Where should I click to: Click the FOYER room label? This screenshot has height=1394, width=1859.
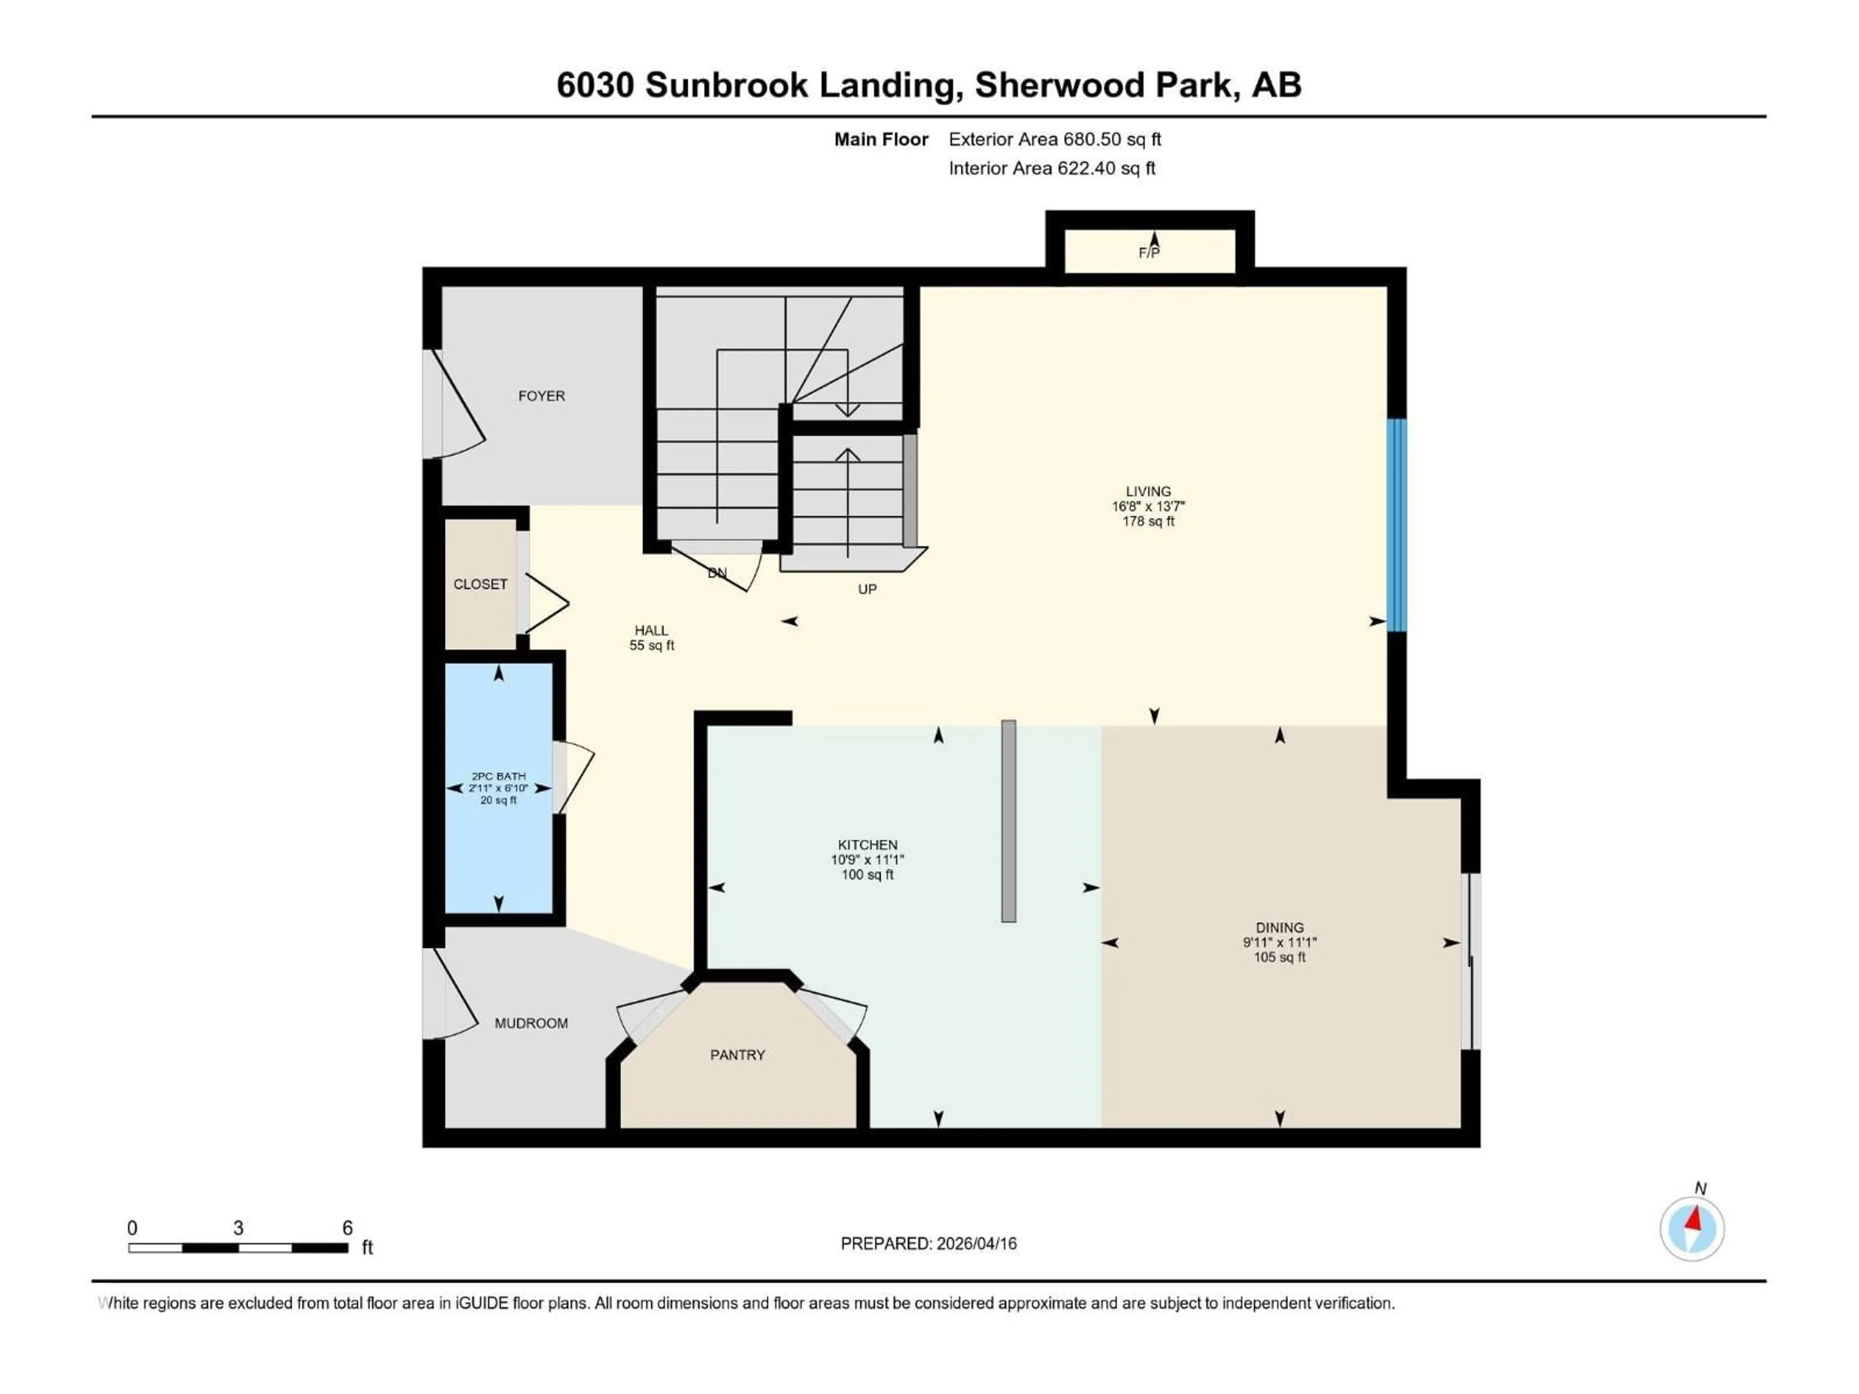(x=541, y=396)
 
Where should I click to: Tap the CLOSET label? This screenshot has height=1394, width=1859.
(x=480, y=584)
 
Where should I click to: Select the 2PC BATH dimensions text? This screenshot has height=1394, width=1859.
(x=498, y=788)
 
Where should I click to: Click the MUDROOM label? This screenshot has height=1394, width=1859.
(x=531, y=1023)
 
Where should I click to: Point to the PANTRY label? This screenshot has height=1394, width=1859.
(x=737, y=1055)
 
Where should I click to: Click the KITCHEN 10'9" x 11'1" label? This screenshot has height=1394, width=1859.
(x=868, y=860)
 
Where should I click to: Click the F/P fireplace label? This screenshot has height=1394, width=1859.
(x=1149, y=252)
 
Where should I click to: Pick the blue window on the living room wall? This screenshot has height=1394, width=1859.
(x=1396, y=525)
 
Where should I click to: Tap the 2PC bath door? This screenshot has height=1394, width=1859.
(x=574, y=777)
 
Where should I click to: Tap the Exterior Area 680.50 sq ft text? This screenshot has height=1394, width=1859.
(x=1055, y=139)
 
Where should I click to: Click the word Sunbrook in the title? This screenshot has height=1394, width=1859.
(x=726, y=85)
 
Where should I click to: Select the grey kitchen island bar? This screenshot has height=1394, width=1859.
(x=1008, y=821)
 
